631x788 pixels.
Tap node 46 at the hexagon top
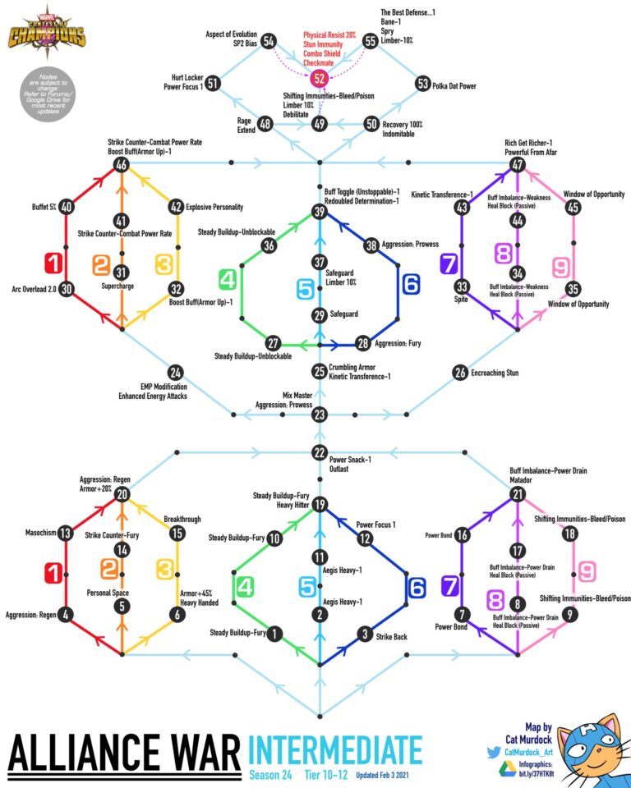(122, 165)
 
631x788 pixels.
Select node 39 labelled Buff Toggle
(320, 211)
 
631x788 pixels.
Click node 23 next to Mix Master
(320, 414)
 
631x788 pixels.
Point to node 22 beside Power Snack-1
(320, 453)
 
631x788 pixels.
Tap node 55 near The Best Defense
(371, 40)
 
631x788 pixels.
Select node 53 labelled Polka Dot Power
(423, 84)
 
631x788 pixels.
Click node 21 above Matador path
(517, 494)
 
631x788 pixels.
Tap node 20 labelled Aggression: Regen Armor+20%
(122, 494)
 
